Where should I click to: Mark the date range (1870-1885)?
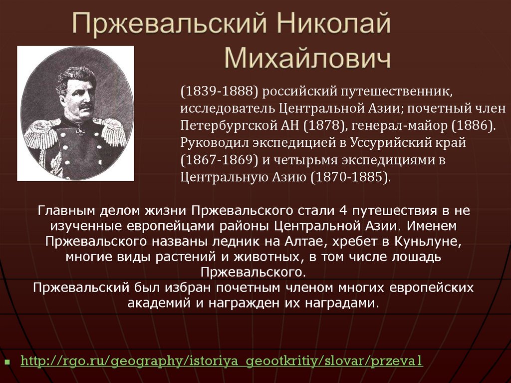tap(350, 178)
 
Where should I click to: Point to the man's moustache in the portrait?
tap(84, 106)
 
